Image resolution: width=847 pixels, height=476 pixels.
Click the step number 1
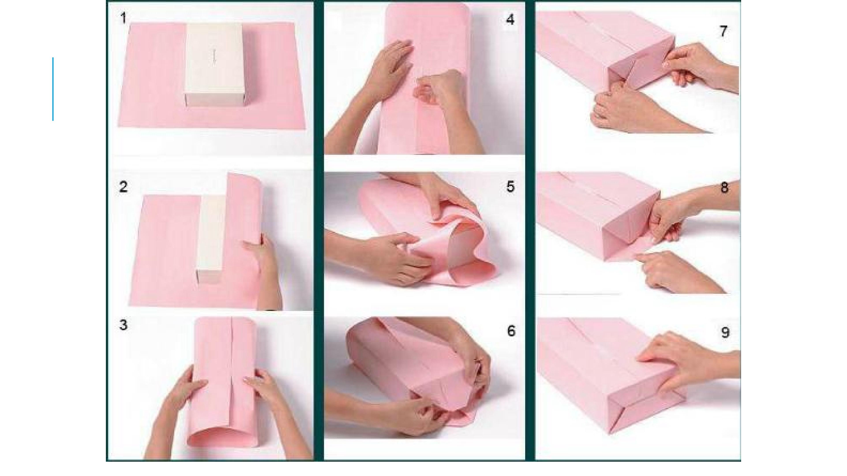tap(124, 18)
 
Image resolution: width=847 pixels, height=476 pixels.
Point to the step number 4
tap(510, 19)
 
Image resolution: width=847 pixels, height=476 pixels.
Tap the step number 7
tap(723, 31)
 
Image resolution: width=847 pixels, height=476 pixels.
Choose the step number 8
tap(724, 188)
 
